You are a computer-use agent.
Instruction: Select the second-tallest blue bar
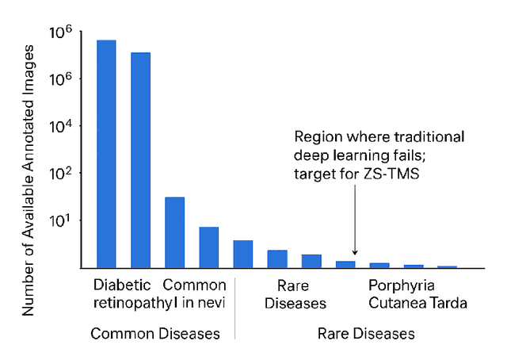click(140, 159)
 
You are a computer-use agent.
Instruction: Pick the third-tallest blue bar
click(174, 232)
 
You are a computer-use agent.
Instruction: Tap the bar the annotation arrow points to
click(345, 264)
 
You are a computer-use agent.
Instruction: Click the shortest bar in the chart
click(447, 266)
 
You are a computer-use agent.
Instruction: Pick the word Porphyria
click(402, 285)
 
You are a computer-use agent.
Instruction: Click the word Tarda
click(448, 303)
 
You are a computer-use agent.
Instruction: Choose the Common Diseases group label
click(155, 334)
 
